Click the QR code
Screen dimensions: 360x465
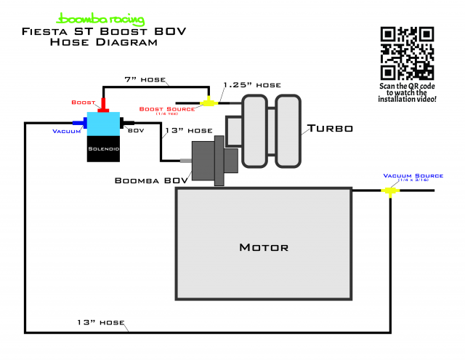pyautogui.click(x=408, y=52)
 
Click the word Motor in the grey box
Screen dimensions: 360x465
pyautogui.click(x=264, y=247)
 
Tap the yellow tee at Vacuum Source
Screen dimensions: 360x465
pyautogui.click(x=391, y=191)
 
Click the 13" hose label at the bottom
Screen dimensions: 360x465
pyautogui.click(x=102, y=321)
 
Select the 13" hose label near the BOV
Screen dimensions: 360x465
pyautogui.click(x=189, y=131)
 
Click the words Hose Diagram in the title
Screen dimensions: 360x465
pyautogui.click(x=103, y=42)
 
